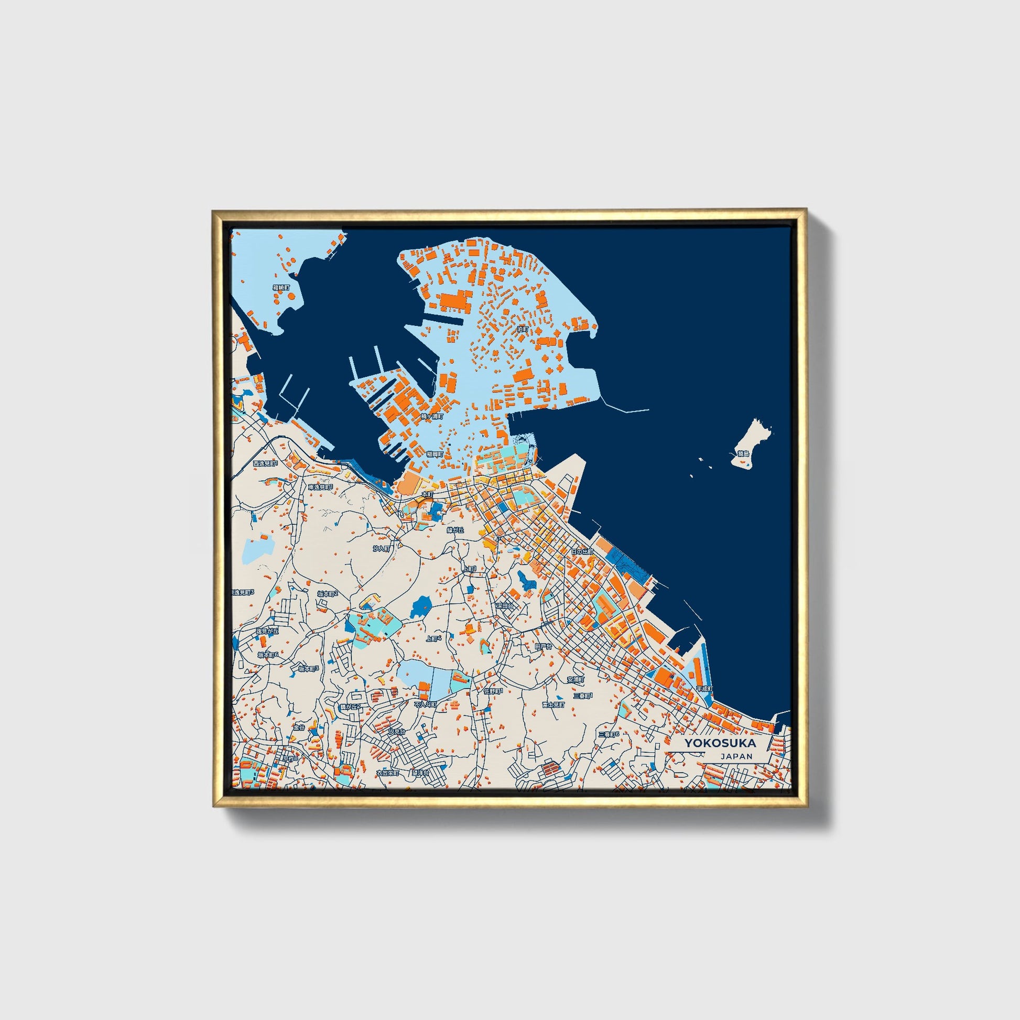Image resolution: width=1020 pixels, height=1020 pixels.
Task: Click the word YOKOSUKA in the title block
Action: (720, 743)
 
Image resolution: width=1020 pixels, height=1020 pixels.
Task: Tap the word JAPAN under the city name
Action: (735, 756)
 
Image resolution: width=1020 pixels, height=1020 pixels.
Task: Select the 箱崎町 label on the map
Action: (281, 288)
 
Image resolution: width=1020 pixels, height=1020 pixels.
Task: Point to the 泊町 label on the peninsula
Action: (522, 329)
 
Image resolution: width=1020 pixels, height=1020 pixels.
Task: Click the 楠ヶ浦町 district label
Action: (432, 417)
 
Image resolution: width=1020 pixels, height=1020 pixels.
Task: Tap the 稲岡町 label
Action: (436, 453)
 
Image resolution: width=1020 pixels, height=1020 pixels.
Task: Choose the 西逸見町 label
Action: (265, 463)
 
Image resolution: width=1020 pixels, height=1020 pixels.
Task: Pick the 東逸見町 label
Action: (321, 487)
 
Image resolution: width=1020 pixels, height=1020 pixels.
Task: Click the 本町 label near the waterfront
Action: (427, 494)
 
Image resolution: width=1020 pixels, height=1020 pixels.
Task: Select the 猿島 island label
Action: (743, 453)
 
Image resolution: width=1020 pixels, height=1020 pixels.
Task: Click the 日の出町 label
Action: (582, 552)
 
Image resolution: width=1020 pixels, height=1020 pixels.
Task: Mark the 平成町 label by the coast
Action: (704, 689)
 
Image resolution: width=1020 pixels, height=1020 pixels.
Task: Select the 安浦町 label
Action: (576, 679)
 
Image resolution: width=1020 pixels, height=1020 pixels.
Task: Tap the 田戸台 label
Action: (543, 646)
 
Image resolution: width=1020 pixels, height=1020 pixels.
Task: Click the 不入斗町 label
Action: (426, 704)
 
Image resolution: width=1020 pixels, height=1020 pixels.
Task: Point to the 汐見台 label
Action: (396, 732)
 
